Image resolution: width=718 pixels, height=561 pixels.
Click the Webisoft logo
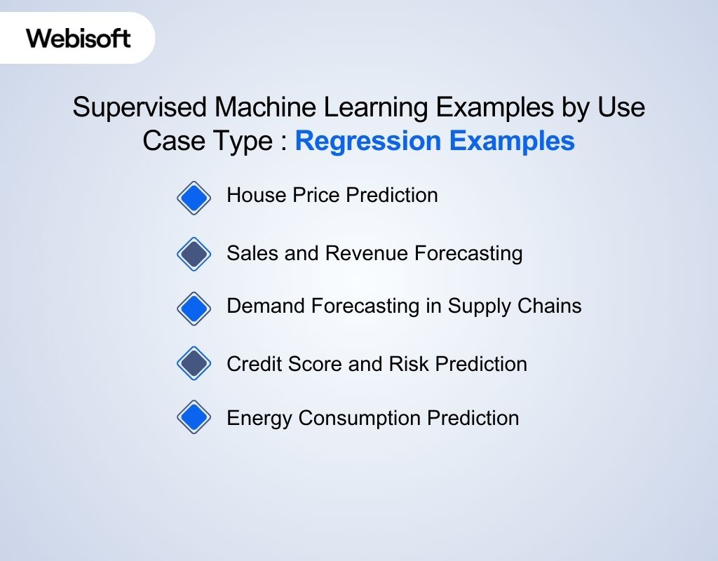click(79, 37)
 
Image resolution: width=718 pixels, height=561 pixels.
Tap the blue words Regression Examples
click(435, 141)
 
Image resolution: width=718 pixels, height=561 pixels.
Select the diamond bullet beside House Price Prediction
click(194, 198)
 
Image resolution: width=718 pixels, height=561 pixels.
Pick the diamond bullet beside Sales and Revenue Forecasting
click(194, 254)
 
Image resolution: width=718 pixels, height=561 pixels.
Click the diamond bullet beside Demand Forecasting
click(194, 309)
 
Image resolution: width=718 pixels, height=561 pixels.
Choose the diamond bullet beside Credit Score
click(194, 363)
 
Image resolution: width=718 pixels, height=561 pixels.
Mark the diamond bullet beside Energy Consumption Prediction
click(194, 418)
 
